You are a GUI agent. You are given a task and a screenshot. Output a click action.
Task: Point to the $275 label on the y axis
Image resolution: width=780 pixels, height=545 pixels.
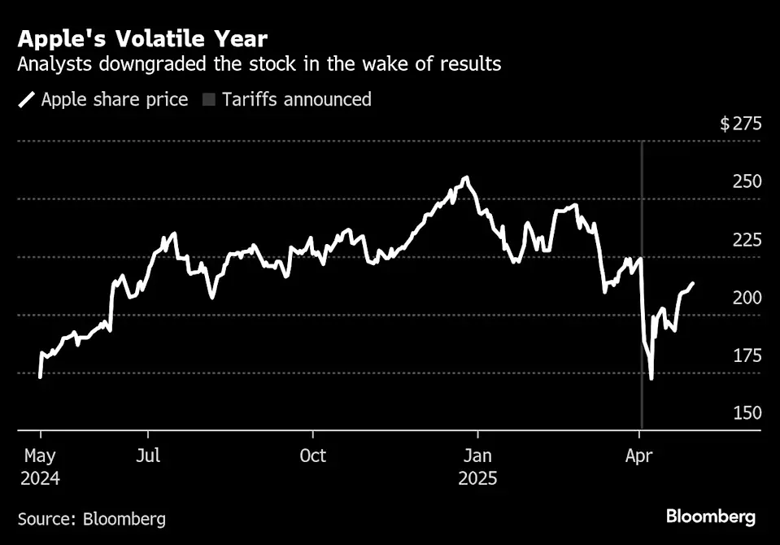[x=740, y=124]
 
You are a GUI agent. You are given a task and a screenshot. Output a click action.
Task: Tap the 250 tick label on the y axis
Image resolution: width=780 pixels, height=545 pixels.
[x=747, y=181]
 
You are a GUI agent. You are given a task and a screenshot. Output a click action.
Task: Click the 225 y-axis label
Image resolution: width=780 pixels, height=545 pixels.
[x=747, y=240]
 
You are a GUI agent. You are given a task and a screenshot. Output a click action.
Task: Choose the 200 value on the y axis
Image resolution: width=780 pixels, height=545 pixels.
[x=747, y=298]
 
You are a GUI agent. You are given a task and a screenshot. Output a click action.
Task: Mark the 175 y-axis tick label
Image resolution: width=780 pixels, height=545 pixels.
[x=747, y=355]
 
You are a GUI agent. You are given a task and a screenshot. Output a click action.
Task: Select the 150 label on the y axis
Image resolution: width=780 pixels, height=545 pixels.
[x=747, y=413]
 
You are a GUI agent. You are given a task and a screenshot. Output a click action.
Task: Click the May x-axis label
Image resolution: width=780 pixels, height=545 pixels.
[x=40, y=456]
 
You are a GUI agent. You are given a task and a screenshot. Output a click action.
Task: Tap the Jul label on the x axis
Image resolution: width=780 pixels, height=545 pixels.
[x=148, y=456]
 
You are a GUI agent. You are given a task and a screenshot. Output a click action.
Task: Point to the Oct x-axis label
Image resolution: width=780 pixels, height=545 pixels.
[x=312, y=456]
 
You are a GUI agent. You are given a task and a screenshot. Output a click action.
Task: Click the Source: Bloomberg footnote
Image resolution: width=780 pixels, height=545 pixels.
[x=91, y=518]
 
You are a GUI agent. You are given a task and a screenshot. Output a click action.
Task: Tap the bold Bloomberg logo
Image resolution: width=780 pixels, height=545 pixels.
[x=710, y=517]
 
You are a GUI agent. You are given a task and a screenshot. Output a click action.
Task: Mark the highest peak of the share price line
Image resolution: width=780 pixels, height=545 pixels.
[x=466, y=177]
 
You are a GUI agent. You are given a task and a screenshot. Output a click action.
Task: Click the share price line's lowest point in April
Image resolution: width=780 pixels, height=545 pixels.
[x=651, y=378]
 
